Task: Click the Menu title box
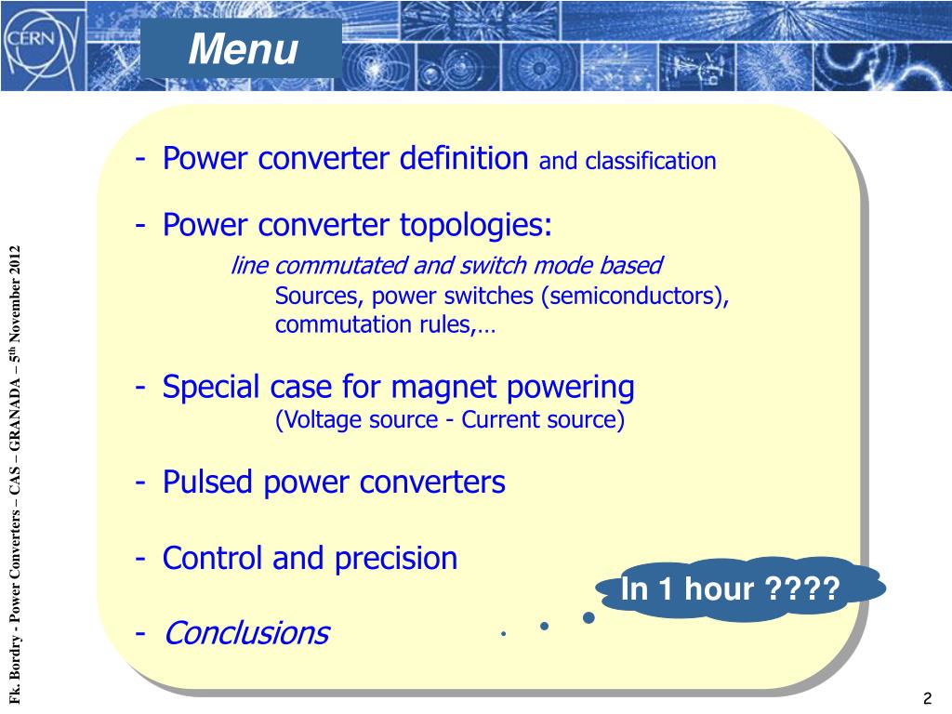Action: pyautogui.click(x=242, y=48)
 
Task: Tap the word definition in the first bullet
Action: pyautogui.click(x=464, y=159)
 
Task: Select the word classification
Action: pyautogui.click(x=650, y=162)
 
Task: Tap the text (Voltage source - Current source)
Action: pyautogui.click(x=450, y=420)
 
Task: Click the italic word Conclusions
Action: pyautogui.click(x=245, y=633)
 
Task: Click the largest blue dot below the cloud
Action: pyautogui.click(x=588, y=617)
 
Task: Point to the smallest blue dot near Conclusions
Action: pyautogui.click(x=502, y=633)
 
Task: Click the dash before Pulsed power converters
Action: pyautogui.click(x=139, y=483)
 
